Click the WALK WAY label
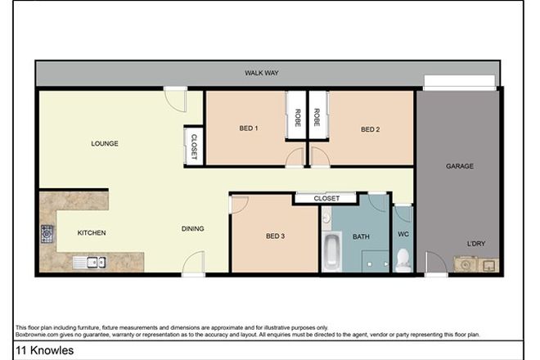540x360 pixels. pos(262,73)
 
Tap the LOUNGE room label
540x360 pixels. pos(105,144)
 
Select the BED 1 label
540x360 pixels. pos(249,128)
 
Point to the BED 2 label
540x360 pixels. pos(371,128)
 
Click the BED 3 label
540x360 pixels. pos(276,236)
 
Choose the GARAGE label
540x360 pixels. pos(458,165)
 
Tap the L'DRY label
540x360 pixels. pos(475,244)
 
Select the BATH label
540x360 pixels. pos(361,236)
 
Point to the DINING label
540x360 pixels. pos(192,229)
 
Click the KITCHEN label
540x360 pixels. pos(92,232)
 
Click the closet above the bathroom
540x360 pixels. pos(326,198)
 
